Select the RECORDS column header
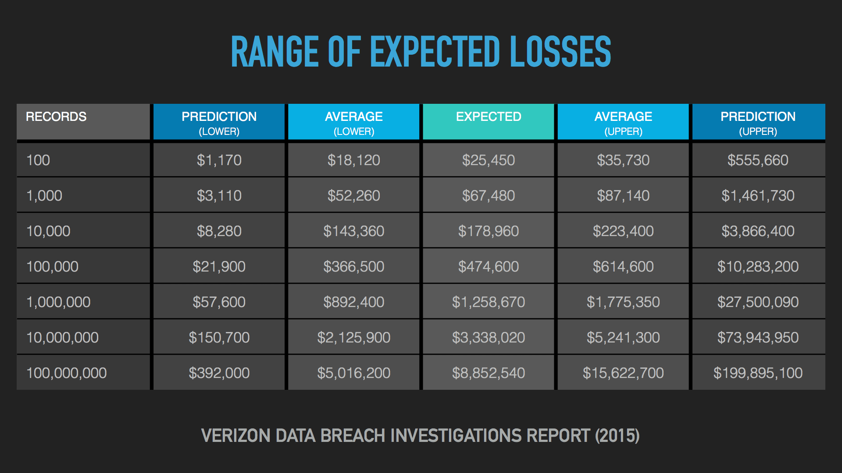83,122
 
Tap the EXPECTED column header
488,122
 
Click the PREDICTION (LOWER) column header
219,122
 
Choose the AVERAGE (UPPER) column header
623,122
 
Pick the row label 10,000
48,231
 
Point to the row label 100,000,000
67,373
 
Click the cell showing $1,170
219,160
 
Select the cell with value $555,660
759,160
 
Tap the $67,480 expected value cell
488,195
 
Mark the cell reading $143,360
353,231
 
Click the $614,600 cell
623,266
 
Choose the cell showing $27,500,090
759,302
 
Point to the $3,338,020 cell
488,337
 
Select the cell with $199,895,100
759,373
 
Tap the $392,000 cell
219,373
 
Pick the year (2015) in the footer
617,436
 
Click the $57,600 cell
219,302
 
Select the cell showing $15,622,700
623,373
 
